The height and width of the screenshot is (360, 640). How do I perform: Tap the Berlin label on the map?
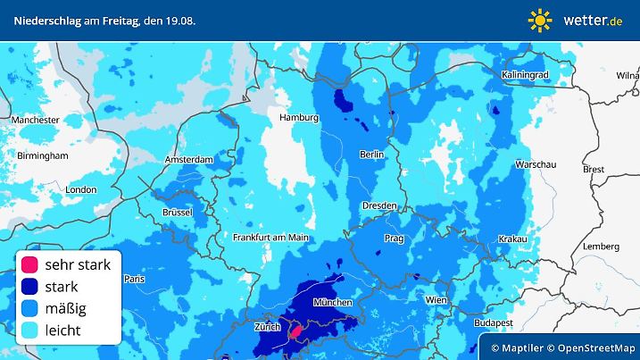click(371, 155)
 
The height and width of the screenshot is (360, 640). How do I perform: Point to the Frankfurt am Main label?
click(270, 237)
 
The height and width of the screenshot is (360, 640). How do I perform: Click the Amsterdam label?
click(188, 160)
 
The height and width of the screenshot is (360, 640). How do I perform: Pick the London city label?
click(81, 189)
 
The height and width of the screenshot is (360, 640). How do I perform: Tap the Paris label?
click(134, 279)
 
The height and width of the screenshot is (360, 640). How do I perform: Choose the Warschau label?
click(536, 165)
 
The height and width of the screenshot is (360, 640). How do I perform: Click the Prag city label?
click(395, 239)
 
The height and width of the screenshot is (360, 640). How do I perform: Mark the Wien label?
click(436, 299)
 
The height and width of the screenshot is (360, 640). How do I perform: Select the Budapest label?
click(491, 322)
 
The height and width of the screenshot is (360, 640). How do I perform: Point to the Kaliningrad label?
click(525, 74)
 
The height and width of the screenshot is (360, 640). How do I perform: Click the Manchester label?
click(36, 119)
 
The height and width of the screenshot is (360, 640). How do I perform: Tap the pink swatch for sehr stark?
click(29, 265)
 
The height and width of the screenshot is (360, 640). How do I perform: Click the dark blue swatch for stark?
click(29, 287)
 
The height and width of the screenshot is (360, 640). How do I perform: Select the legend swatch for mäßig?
click(29, 309)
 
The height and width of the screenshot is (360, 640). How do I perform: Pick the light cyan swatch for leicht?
click(29, 331)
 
